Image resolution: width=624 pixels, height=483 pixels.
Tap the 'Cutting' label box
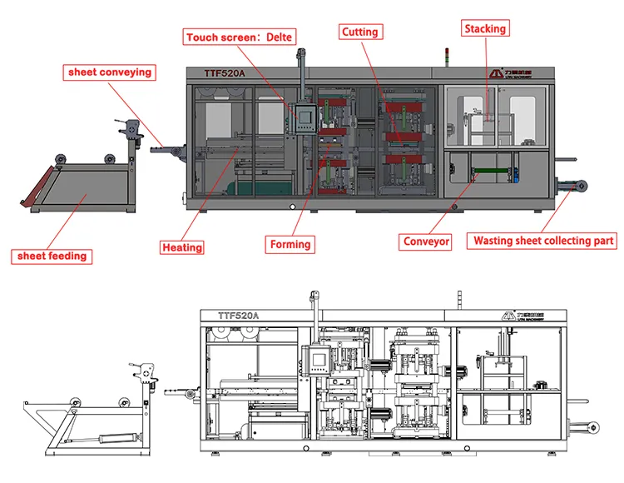click(359, 32)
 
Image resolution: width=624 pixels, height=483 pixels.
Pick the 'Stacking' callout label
click(485, 29)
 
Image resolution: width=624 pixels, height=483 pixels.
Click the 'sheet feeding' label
click(52, 256)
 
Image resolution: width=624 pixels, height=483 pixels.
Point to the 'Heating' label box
click(182, 247)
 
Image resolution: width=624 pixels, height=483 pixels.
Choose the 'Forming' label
click(290, 245)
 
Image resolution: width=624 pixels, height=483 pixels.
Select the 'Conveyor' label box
click(426, 242)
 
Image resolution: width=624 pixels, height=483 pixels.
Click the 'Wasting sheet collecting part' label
click(543, 242)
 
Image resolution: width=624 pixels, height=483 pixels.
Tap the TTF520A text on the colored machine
click(225, 73)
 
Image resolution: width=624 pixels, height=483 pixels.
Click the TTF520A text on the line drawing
click(239, 316)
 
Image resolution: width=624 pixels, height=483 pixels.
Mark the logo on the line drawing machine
click(515, 316)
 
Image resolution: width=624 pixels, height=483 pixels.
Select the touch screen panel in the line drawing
click(319, 359)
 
